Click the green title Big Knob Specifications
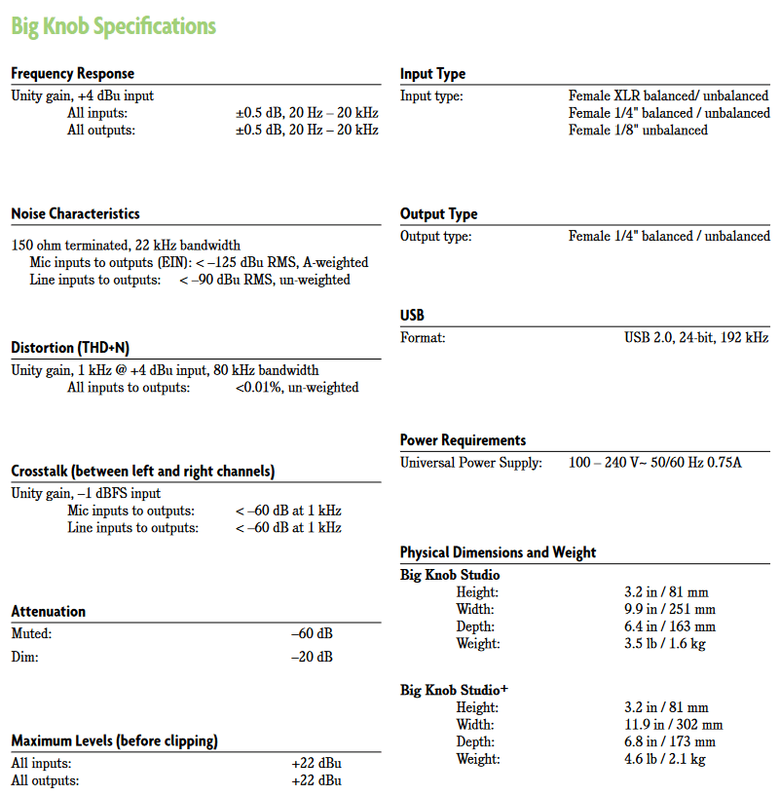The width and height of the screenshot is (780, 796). coord(113,26)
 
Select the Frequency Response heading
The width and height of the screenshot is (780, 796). coord(73,74)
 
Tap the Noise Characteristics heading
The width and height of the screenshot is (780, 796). coord(75,213)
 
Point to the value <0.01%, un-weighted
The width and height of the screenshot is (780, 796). coord(296,388)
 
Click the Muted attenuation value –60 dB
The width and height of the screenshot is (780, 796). coord(312,634)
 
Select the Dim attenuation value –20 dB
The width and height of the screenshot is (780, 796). coord(312,657)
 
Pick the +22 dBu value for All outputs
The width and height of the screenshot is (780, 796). coord(316,780)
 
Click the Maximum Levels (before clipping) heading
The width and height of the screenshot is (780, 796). coord(114,741)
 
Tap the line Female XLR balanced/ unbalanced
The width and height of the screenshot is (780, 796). coord(668,96)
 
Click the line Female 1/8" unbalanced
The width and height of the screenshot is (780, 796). coord(638,131)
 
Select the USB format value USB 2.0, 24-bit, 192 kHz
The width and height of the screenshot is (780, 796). coord(696,338)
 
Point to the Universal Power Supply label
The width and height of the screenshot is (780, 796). coord(471,463)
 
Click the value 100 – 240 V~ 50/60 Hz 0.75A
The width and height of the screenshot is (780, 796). coord(654,463)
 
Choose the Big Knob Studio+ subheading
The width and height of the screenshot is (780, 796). coord(455,691)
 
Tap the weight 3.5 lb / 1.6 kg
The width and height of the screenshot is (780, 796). coord(664,644)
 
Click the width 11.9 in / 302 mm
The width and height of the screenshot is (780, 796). coord(673,725)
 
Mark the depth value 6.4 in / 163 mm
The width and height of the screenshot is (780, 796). coord(669,626)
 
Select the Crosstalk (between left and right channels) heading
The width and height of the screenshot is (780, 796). coord(143,472)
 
